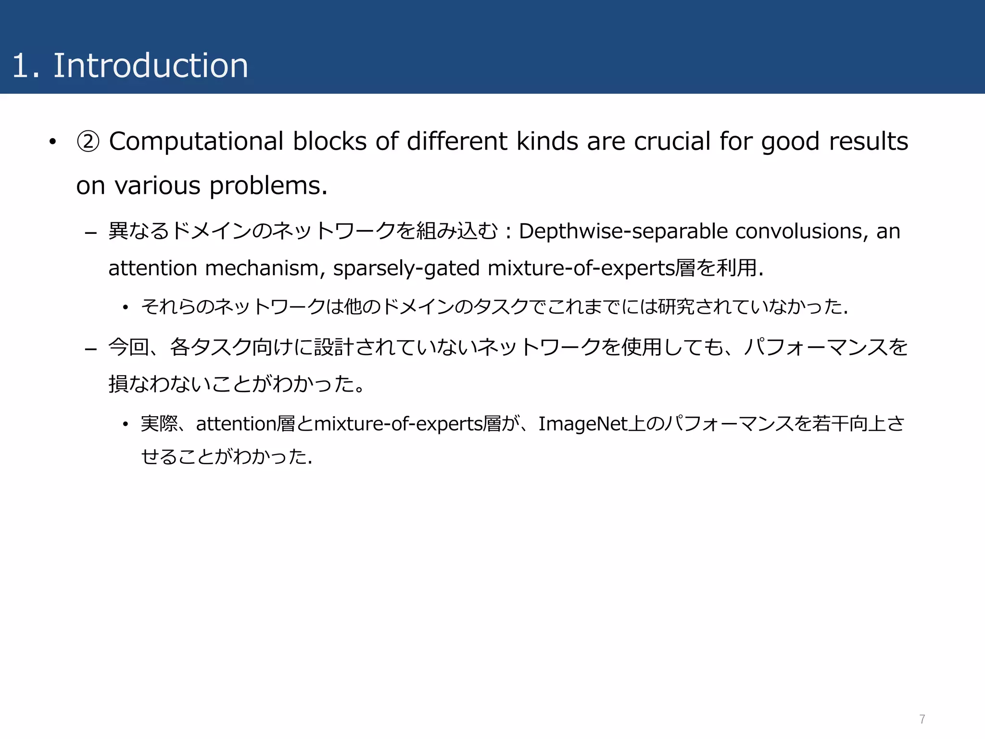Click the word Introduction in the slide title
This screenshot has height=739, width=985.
tap(151, 65)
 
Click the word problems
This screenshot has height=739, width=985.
tap(268, 186)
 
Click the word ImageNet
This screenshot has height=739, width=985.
tap(583, 424)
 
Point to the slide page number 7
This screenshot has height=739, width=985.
tap(922, 719)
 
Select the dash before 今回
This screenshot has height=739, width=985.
tap(91, 349)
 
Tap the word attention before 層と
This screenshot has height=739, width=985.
tap(236, 424)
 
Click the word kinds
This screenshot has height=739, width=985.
tap(547, 141)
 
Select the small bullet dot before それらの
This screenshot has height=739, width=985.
tap(126, 307)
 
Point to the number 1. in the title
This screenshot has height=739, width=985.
tap(25, 65)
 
